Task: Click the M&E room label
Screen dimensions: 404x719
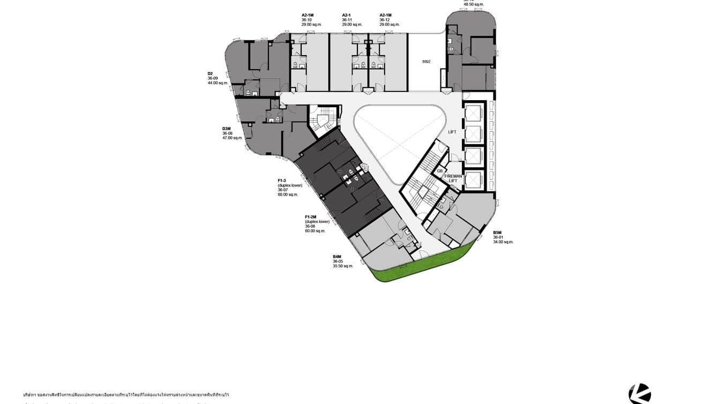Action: coord(426,62)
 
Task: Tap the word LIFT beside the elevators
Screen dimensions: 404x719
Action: coord(452,132)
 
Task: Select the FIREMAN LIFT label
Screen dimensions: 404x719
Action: coord(453,178)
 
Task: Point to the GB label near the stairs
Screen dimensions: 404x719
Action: coord(440,171)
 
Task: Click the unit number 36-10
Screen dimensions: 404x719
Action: coord(306,20)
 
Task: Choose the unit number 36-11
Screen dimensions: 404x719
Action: coord(347,20)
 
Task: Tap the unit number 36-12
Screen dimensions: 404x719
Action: coord(385,20)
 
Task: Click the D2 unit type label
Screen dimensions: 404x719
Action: coord(211,73)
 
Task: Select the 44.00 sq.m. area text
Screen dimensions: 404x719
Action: coord(218,83)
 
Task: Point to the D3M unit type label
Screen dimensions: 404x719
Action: coord(227,129)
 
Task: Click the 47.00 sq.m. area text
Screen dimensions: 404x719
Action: coord(233,138)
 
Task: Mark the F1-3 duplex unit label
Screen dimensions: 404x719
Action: coord(282,181)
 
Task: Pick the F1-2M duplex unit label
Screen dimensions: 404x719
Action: coord(311,217)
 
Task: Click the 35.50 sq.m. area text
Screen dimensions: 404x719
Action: coord(343,266)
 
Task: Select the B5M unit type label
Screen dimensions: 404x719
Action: coord(498,233)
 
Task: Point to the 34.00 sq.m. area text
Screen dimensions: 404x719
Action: coord(503,242)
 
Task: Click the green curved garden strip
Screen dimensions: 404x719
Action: coord(423,266)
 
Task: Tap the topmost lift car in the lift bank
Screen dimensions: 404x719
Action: coord(474,113)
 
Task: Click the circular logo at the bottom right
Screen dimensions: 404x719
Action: coord(640,394)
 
